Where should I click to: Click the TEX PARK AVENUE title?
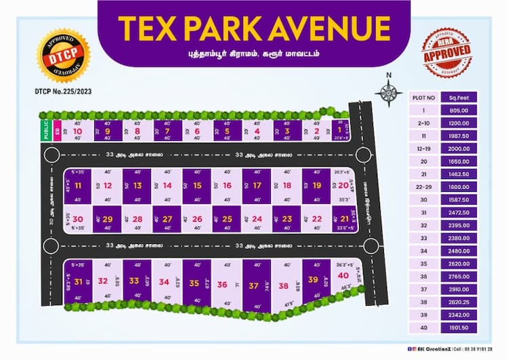coord(253,27)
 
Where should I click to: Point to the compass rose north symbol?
coord(388,92)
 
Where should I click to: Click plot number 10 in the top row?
coord(77,131)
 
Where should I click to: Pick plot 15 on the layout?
coord(197,185)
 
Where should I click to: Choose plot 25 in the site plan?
coord(227,218)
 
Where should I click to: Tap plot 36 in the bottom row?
coord(222,285)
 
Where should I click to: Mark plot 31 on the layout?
coord(79,281)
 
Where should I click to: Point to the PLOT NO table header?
coord(423,98)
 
